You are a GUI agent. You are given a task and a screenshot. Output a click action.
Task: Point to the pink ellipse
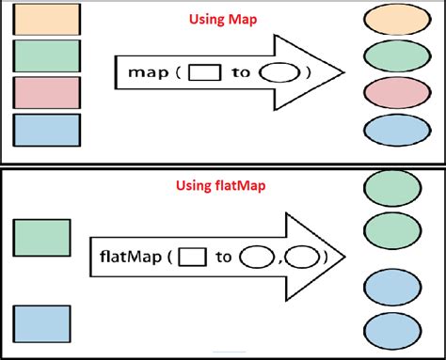391,95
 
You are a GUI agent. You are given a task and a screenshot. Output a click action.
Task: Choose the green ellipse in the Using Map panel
391,59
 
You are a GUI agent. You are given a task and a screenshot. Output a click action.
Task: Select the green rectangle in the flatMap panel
40,238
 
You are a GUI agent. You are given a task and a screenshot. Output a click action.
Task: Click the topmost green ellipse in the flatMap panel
391,189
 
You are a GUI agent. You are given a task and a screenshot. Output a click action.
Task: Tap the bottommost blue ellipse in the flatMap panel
391,332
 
